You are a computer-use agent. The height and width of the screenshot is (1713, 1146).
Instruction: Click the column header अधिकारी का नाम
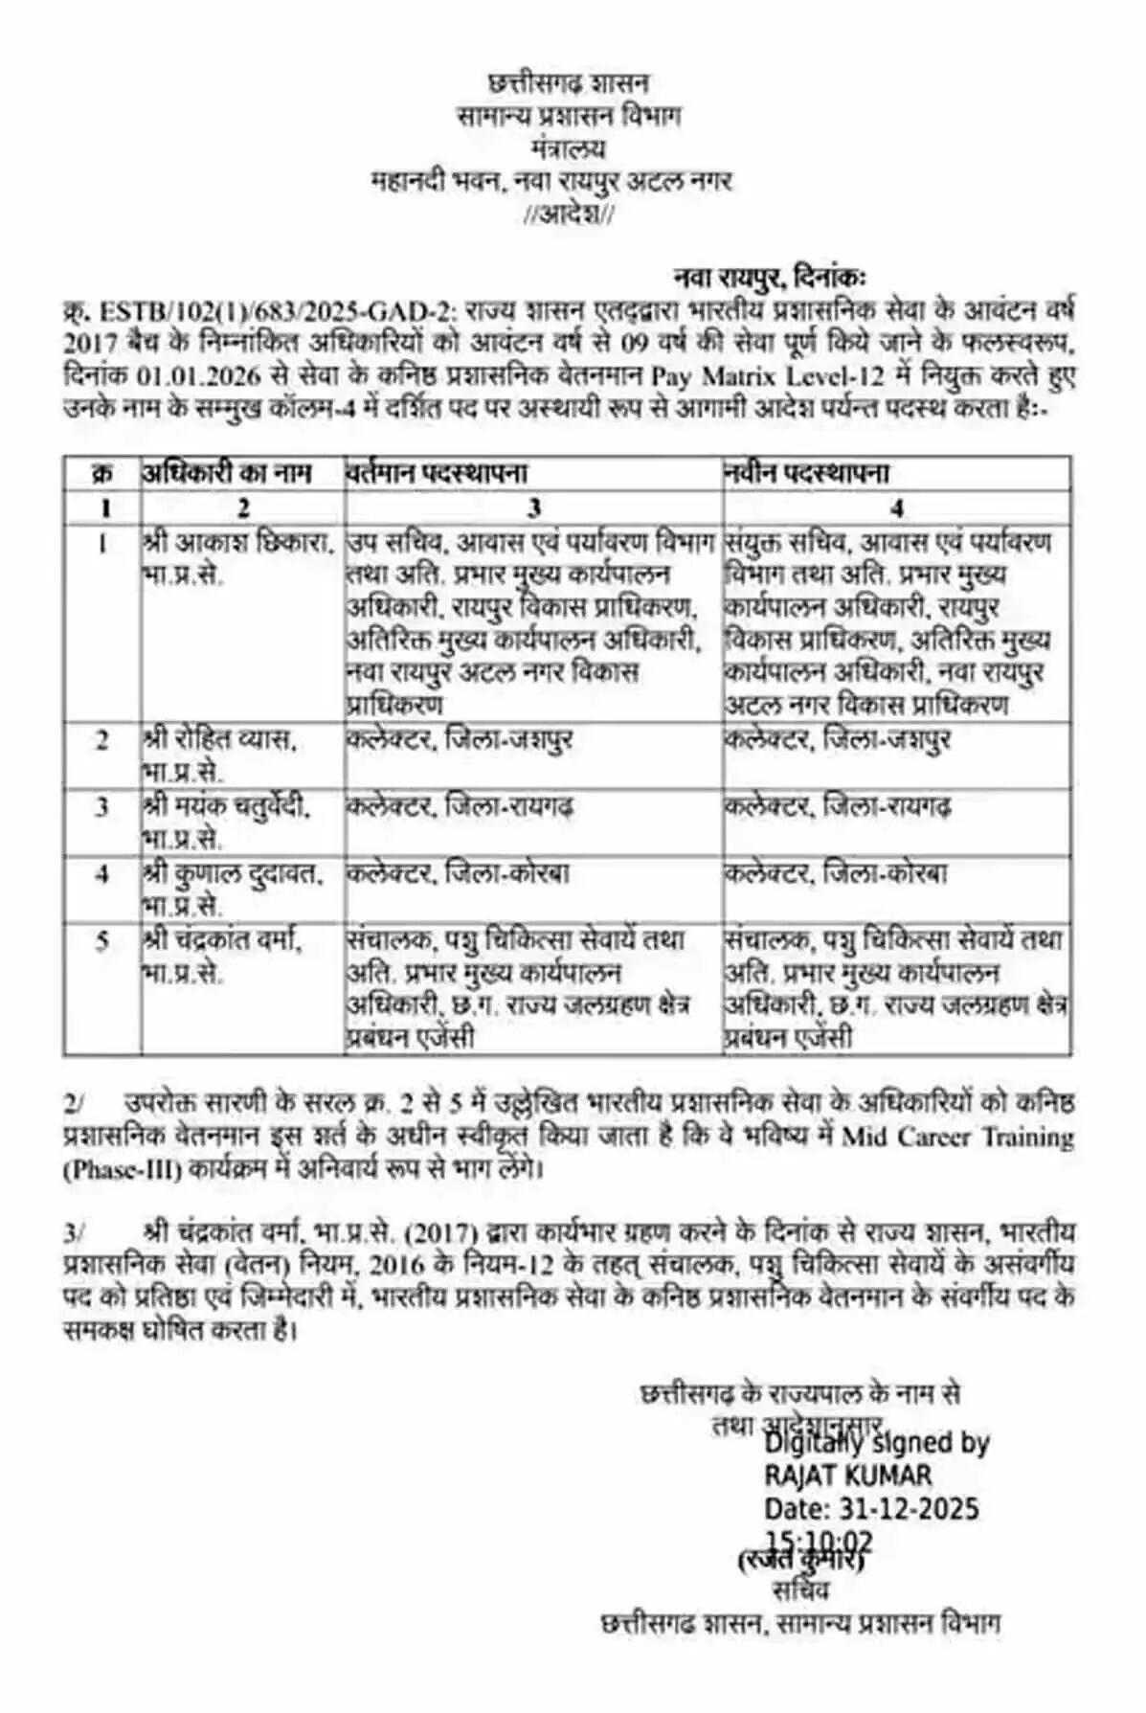click(x=227, y=473)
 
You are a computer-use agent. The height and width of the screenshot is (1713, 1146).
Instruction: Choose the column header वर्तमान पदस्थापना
click(x=437, y=473)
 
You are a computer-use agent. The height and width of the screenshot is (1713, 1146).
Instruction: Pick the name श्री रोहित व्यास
click(x=222, y=740)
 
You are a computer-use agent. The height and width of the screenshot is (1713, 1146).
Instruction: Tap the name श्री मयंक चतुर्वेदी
click(x=228, y=807)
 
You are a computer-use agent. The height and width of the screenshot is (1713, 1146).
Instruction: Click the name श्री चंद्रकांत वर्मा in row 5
click(x=224, y=941)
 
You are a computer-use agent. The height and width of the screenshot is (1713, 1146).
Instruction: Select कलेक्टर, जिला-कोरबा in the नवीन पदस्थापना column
click(x=836, y=874)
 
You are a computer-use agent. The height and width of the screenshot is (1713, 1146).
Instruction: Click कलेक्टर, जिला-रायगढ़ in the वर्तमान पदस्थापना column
click(x=460, y=807)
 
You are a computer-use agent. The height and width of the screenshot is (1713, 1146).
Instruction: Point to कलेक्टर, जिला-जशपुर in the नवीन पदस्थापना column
click(x=838, y=740)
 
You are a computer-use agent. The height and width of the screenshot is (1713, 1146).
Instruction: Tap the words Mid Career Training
click(x=957, y=1138)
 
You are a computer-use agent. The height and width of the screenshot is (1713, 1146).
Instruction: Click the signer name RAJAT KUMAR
click(x=847, y=1476)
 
